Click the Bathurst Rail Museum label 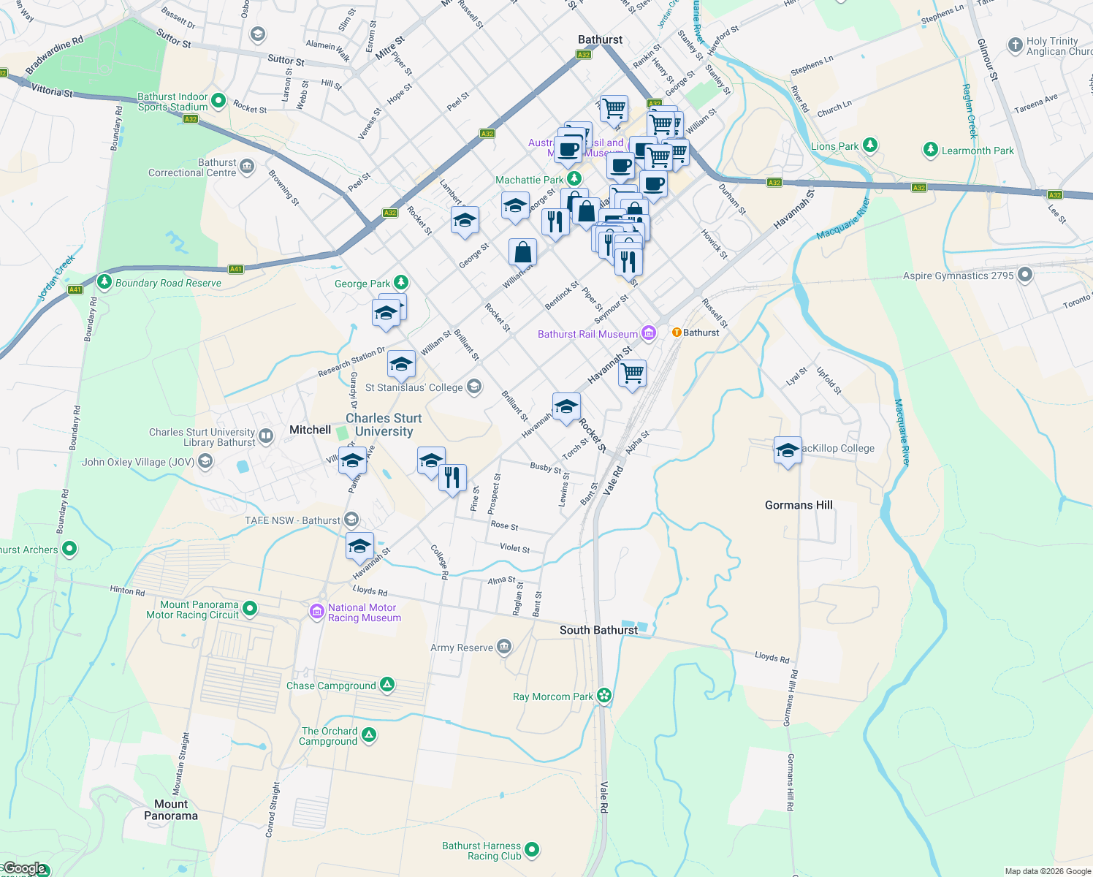point(587,334)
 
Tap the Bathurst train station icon point(677,333)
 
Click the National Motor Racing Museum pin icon point(316,612)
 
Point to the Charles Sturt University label point(384,425)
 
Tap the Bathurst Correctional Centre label point(192,167)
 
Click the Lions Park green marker point(869,145)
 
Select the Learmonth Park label point(978,151)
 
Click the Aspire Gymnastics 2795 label point(958,276)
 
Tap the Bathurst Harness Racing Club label point(481,851)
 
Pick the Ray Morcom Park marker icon point(603,695)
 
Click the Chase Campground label point(331,686)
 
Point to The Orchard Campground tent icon point(369,734)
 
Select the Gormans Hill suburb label point(799,505)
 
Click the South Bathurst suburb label point(598,630)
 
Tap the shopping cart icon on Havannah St point(632,373)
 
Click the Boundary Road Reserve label point(168,283)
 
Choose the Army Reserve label point(462,648)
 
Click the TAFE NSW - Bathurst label point(292,520)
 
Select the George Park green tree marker point(400,282)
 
